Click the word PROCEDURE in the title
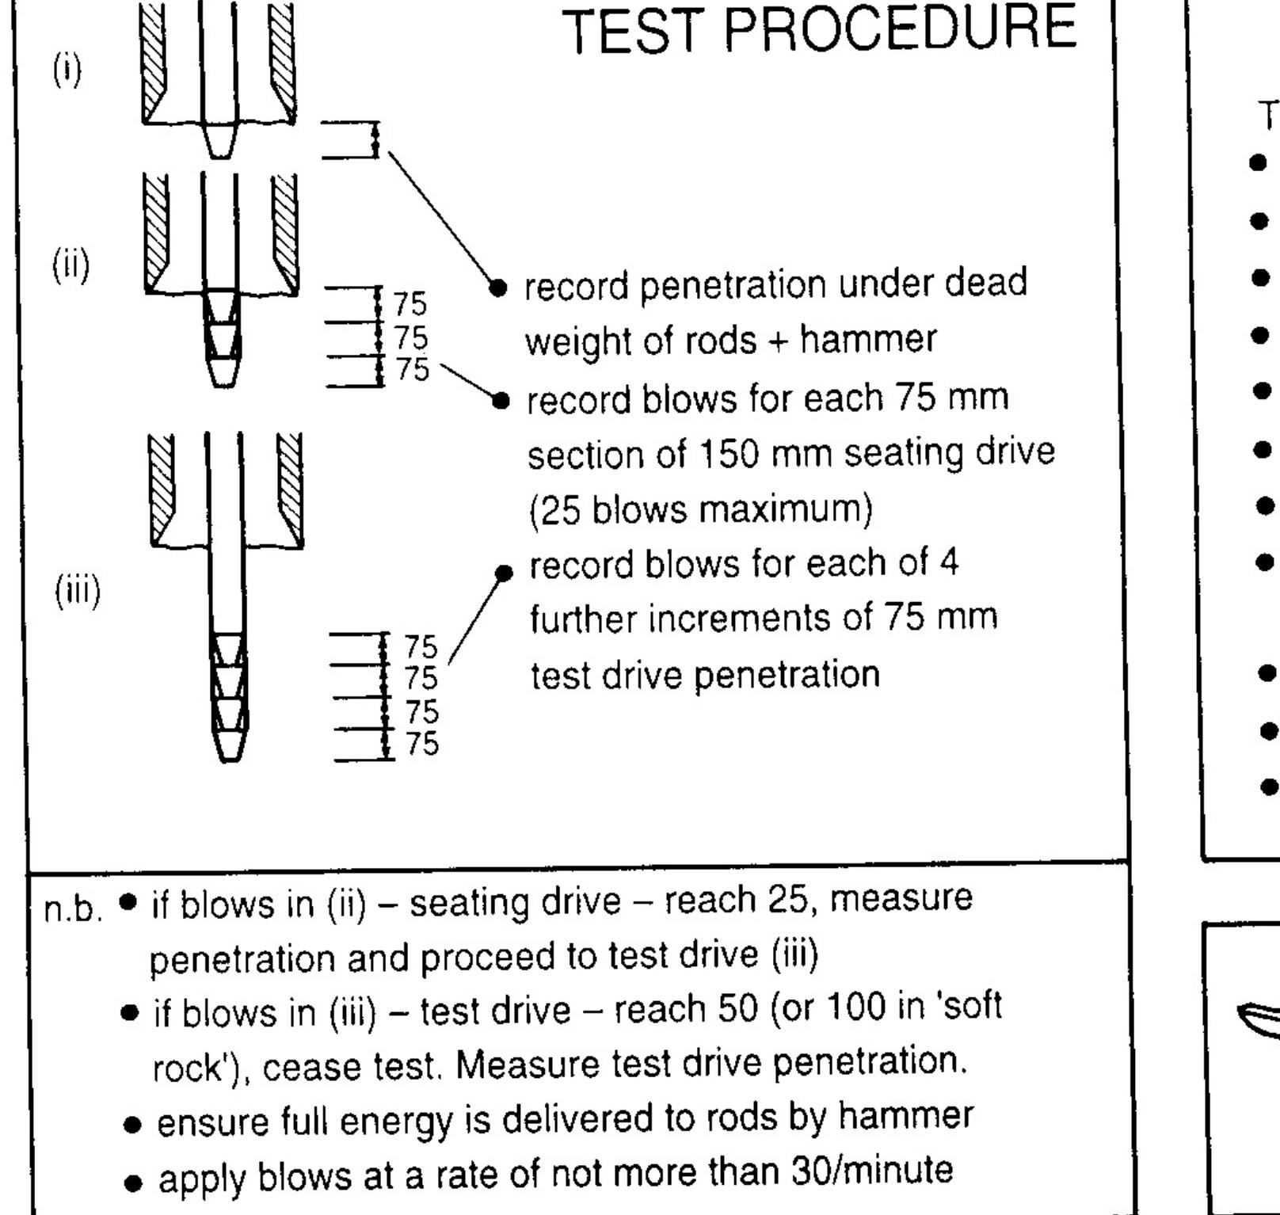click(901, 30)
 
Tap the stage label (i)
click(67, 72)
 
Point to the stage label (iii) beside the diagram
click(77, 591)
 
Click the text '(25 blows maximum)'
click(700, 511)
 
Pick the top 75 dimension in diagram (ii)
click(410, 303)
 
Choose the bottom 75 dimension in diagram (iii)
click(421, 745)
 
